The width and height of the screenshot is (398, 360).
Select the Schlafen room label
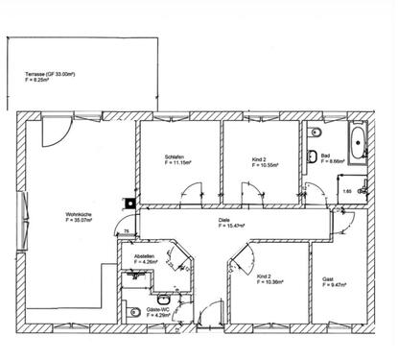(175, 157)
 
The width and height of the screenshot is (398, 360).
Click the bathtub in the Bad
(359, 141)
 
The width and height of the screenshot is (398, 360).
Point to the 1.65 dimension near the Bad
(347, 192)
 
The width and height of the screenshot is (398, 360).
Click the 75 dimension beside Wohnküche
(126, 231)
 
